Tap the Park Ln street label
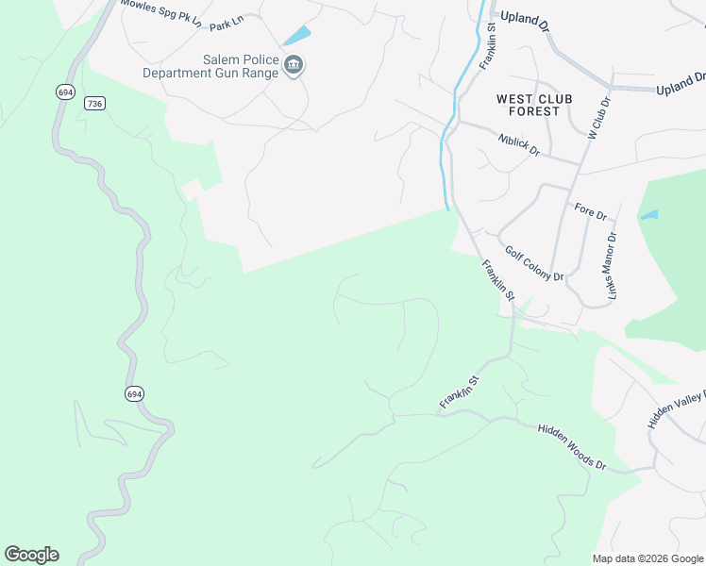pyautogui.click(x=227, y=25)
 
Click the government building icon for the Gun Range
pyautogui.click(x=294, y=65)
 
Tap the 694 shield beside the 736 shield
pyautogui.click(x=65, y=92)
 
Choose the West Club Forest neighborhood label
pyautogui.click(x=528, y=105)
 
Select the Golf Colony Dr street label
pyautogui.click(x=533, y=263)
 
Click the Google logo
pyautogui.click(x=31, y=555)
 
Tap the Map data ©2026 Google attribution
pyautogui.click(x=647, y=558)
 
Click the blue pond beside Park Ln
pyautogui.click(x=296, y=36)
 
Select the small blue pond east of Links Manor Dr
pyautogui.click(x=648, y=215)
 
